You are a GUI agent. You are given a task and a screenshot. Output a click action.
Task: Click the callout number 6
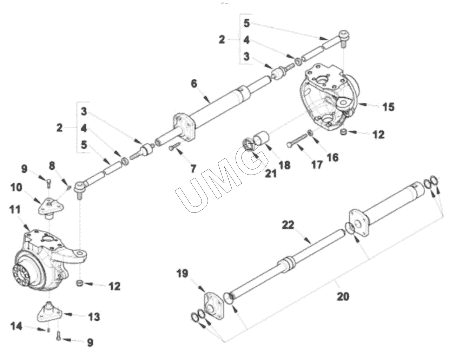194,84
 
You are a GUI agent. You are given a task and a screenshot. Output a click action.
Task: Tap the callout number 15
388,107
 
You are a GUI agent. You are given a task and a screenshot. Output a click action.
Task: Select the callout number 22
288,225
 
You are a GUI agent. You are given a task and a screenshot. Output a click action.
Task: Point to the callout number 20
343,296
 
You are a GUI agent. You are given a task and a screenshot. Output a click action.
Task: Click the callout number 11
15,210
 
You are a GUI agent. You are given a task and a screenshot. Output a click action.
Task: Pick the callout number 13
94,317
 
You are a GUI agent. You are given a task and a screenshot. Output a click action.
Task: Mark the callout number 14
16,326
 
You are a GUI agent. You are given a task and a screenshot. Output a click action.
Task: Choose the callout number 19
183,273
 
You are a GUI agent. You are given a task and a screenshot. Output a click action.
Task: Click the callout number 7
193,169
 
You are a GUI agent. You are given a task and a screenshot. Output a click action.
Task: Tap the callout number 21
271,173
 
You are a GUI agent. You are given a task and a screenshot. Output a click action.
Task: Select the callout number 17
317,165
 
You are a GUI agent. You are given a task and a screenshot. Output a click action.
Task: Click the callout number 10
16,187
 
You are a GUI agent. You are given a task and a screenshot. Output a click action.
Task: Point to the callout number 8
52,166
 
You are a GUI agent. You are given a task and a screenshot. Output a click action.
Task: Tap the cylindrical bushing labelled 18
261,138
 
